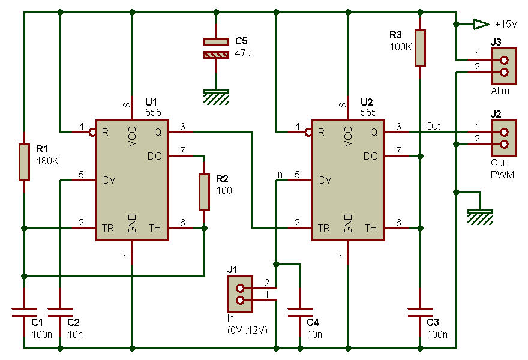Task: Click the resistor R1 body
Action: coord(24,162)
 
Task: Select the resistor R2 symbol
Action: coord(204,192)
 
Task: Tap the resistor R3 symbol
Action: coord(420,48)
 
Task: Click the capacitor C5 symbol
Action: coord(216,49)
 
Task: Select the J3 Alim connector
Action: coord(504,66)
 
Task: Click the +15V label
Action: coord(505,25)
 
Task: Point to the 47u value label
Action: coord(242,53)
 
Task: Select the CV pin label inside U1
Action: coord(108,179)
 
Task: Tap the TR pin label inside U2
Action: coord(324,228)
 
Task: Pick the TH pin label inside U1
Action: coord(155,228)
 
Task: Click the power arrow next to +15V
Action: coord(481,24)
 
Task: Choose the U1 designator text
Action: coord(151,103)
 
